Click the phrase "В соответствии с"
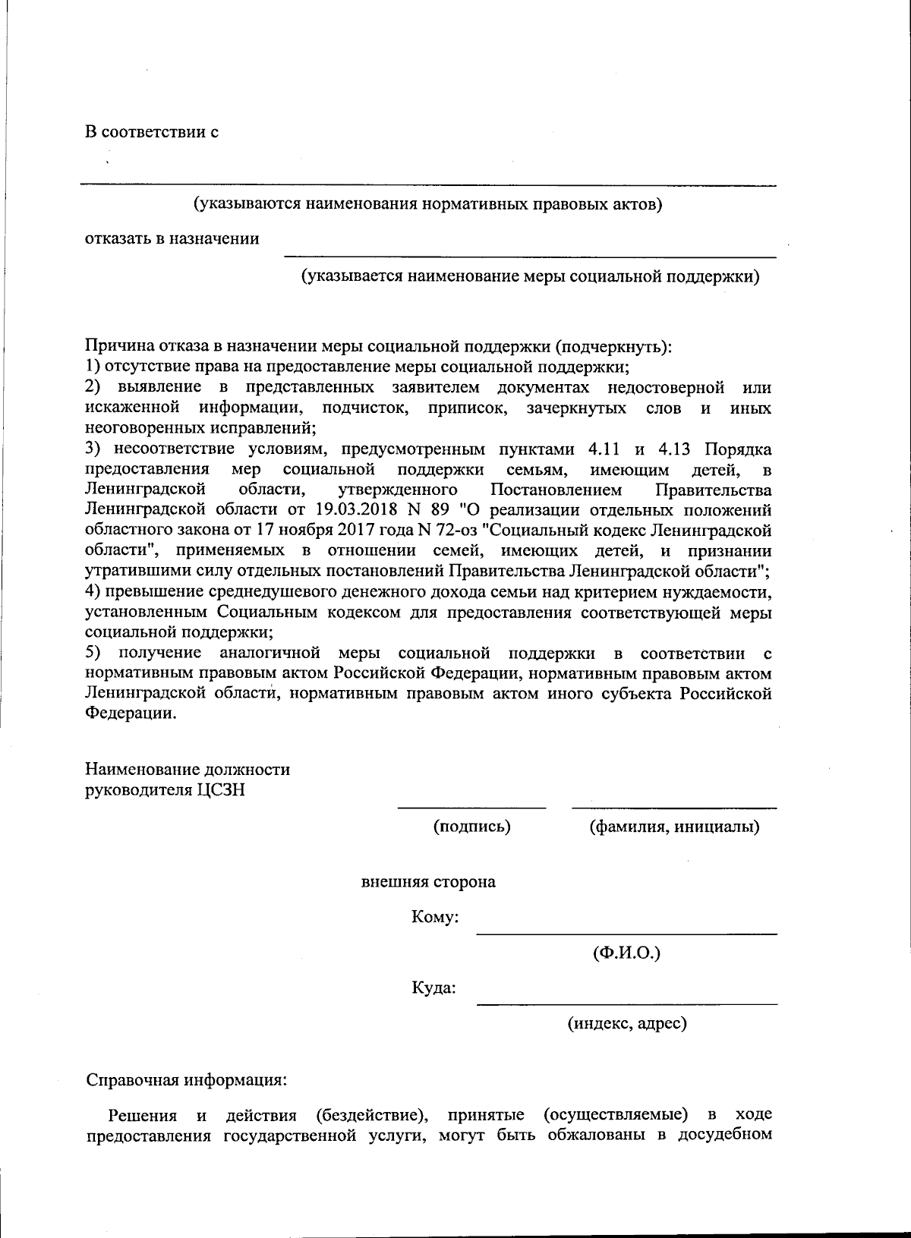click(x=151, y=132)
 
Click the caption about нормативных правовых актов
click(x=427, y=204)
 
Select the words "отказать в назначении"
click(x=172, y=239)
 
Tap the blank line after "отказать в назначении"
click(x=530, y=256)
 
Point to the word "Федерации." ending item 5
click(x=130, y=714)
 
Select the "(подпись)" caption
click(x=471, y=827)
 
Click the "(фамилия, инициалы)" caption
click(x=674, y=827)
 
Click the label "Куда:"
click(x=434, y=988)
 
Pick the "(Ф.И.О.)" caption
click(x=626, y=953)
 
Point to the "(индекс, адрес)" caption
click(x=627, y=1024)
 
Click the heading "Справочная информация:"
click(x=186, y=1079)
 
